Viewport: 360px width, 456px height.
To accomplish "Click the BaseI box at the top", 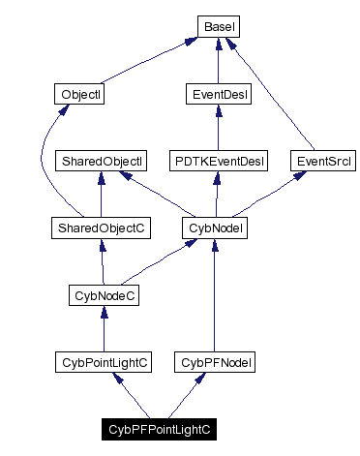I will click(219, 27).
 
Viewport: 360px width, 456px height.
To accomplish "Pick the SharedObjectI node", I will click(103, 161).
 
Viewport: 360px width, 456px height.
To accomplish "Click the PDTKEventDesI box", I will click(219, 161).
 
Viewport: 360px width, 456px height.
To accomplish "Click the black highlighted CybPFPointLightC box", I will click(160, 428).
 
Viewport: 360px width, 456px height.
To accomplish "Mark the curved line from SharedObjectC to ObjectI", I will click(40, 165).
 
